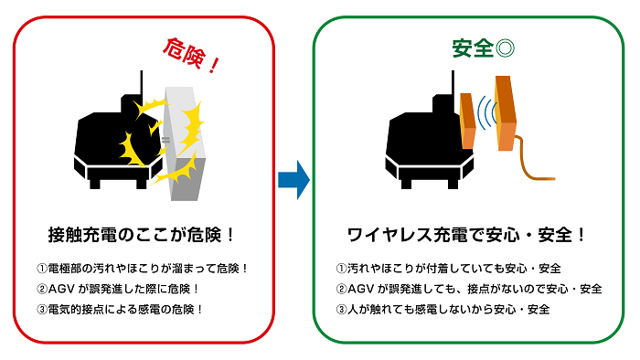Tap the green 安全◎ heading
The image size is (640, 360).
[x=483, y=47]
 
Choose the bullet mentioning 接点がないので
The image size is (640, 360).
[x=469, y=289]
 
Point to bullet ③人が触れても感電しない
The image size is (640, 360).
[x=443, y=309]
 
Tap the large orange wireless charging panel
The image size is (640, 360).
[x=506, y=111]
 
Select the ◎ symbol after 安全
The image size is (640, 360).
[x=504, y=47]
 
